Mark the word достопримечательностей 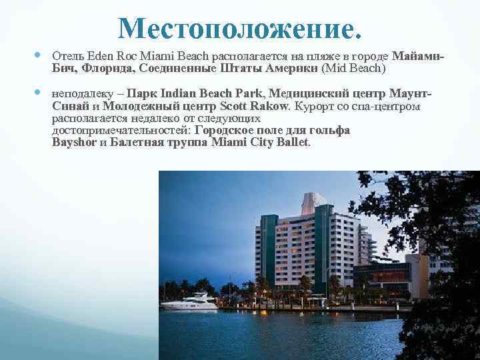point(121,130)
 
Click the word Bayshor point(73,142)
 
